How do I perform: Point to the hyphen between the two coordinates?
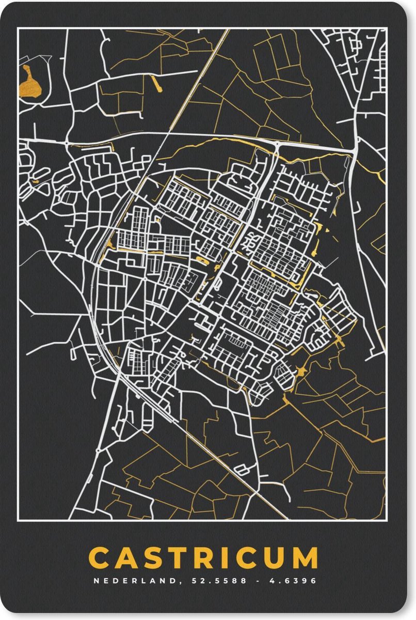(x=258, y=581)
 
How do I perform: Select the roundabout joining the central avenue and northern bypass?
(x=278, y=147)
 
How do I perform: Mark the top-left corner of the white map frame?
(x=18, y=29)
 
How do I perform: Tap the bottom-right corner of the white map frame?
(x=386, y=519)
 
